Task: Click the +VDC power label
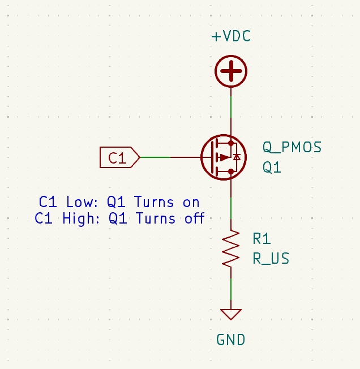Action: (x=231, y=37)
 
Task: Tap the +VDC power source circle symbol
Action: (x=231, y=72)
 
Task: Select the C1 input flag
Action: (x=119, y=157)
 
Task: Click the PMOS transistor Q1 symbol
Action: (x=222, y=157)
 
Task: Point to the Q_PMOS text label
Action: (x=292, y=148)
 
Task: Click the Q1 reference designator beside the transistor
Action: (x=272, y=168)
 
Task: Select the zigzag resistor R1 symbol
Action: (x=231, y=247)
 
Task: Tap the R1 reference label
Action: (x=262, y=238)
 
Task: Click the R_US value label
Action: (x=271, y=259)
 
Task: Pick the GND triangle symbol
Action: (x=231, y=314)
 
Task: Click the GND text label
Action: (x=231, y=340)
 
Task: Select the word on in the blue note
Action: (x=191, y=202)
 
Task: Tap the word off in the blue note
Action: (x=194, y=218)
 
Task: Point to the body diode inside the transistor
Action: (x=237, y=157)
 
